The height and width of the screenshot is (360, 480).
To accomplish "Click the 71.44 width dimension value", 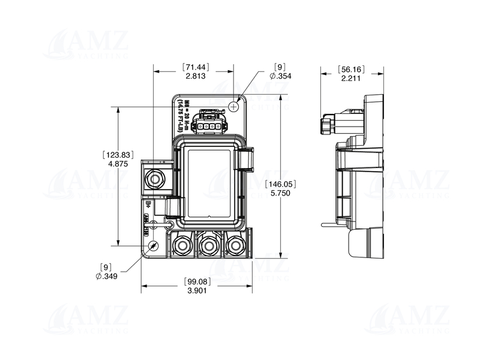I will coord(197,67).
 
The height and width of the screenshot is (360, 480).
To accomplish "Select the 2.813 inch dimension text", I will coord(196,77).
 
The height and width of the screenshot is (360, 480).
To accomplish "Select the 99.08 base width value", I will coord(196,281).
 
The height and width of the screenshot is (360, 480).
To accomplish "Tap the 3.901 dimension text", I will coord(196,291).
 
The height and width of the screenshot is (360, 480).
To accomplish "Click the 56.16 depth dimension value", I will coord(351,68).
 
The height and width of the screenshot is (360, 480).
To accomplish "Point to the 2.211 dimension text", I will coord(351,78).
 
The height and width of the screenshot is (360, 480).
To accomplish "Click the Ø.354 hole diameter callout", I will coord(280,77).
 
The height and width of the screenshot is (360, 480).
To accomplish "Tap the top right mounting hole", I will coord(234,105).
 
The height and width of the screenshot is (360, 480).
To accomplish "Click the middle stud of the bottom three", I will coord(208,245).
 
